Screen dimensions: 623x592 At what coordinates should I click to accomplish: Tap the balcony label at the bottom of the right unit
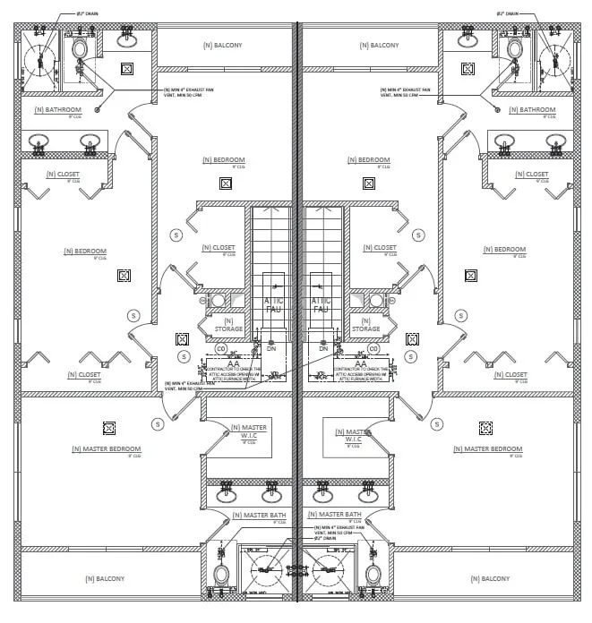[489, 578]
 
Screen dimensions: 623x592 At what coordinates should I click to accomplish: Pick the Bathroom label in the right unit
[532, 110]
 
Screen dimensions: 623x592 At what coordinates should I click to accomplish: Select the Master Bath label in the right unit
[336, 515]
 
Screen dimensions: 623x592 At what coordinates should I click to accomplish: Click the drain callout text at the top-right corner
[510, 14]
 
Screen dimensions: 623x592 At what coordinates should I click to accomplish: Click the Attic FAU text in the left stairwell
[273, 305]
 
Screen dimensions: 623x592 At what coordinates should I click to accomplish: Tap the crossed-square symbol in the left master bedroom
[109, 428]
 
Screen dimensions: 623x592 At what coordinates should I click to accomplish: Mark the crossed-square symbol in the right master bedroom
[485, 428]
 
